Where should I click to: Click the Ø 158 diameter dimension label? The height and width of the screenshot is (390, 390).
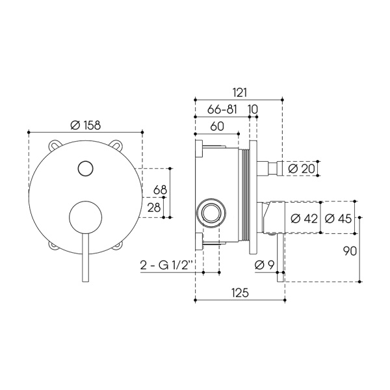pyautogui.click(x=86, y=125)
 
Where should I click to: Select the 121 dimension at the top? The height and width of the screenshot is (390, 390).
pyautogui.click(x=240, y=92)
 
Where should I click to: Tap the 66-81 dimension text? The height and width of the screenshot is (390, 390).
pyautogui.click(x=222, y=109)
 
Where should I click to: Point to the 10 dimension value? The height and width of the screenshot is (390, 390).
pyautogui.click(x=253, y=109)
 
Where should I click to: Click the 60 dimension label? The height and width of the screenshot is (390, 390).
pyautogui.click(x=217, y=126)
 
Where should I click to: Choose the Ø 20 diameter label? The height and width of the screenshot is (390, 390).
pyautogui.click(x=302, y=169)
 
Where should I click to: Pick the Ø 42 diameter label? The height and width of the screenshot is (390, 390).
pyautogui.click(x=304, y=218)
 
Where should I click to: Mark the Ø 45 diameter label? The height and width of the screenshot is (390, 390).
pyautogui.click(x=339, y=218)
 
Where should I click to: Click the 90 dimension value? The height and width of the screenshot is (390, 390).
pyautogui.click(x=350, y=251)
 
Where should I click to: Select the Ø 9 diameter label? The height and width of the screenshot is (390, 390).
pyautogui.click(x=265, y=265)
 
